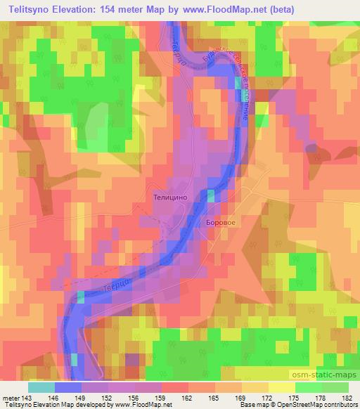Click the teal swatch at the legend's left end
click(41, 387)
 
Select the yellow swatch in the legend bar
click(281, 387)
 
